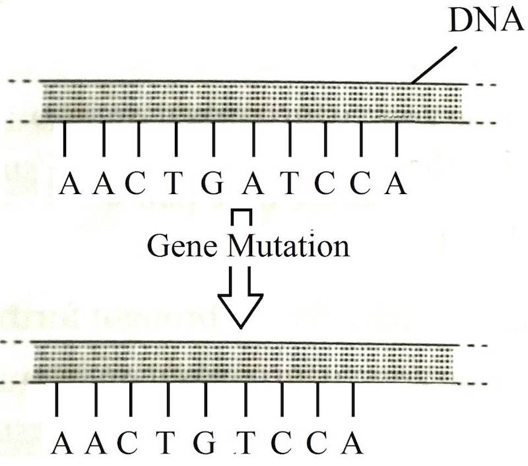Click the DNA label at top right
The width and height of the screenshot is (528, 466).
click(x=486, y=23)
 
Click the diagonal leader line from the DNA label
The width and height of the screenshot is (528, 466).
click(x=435, y=65)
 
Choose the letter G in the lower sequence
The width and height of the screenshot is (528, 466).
click(x=207, y=443)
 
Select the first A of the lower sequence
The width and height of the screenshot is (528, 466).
click(x=61, y=443)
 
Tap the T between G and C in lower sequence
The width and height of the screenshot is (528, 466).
click(x=246, y=443)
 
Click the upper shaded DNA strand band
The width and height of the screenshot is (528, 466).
click(x=251, y=103)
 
